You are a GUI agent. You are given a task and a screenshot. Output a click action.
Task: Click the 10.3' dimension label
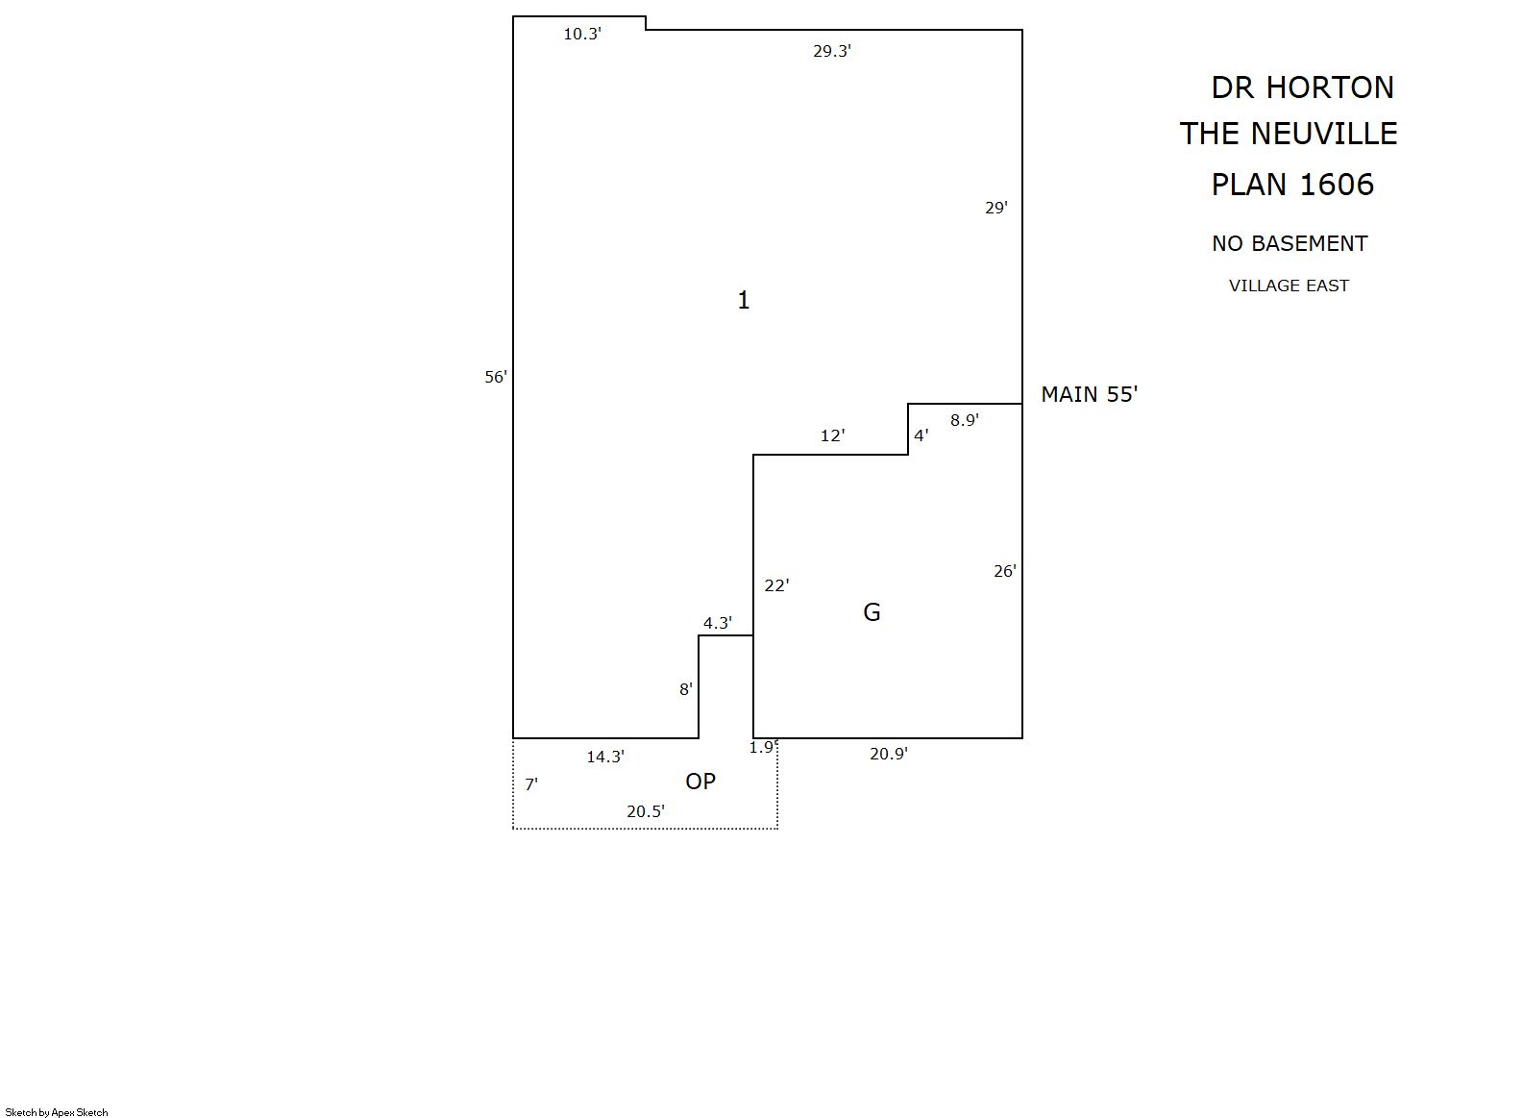click(582, 34)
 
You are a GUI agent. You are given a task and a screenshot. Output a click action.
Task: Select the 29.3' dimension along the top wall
click(831, 51)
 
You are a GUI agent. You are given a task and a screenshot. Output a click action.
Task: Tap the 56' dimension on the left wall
click(496, 377)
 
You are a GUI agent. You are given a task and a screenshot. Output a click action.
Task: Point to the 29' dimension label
click(996, 208)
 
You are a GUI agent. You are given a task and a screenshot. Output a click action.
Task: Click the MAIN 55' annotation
click(1090, 394)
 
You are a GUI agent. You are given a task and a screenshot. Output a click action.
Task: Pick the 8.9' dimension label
click(964, 420)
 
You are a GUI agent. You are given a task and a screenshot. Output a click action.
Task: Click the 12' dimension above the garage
click(832, 435)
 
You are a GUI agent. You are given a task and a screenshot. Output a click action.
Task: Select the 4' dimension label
click(921, 435)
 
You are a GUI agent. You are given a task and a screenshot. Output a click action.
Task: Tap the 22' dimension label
click(776, 585)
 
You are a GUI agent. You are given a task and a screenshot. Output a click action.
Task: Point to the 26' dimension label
click(1005, 571)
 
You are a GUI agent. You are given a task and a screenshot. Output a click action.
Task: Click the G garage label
click(872, 612)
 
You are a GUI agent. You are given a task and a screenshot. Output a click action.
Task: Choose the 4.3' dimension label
click(718, 623)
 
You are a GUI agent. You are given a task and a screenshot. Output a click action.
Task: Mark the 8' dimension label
click(685, 689)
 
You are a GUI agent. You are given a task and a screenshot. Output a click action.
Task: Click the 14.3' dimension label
click(605, 757)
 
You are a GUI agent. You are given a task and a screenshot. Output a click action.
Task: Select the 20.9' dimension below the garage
click(889, 755)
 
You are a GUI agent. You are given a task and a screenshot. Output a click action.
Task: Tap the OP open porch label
click(700, 783)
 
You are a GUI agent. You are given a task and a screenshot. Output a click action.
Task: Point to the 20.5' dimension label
click(646, 812)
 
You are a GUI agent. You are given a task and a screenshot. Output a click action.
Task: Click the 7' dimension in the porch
click(531, 784)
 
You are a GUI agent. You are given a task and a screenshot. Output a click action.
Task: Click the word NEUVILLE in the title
click(1324, 134)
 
